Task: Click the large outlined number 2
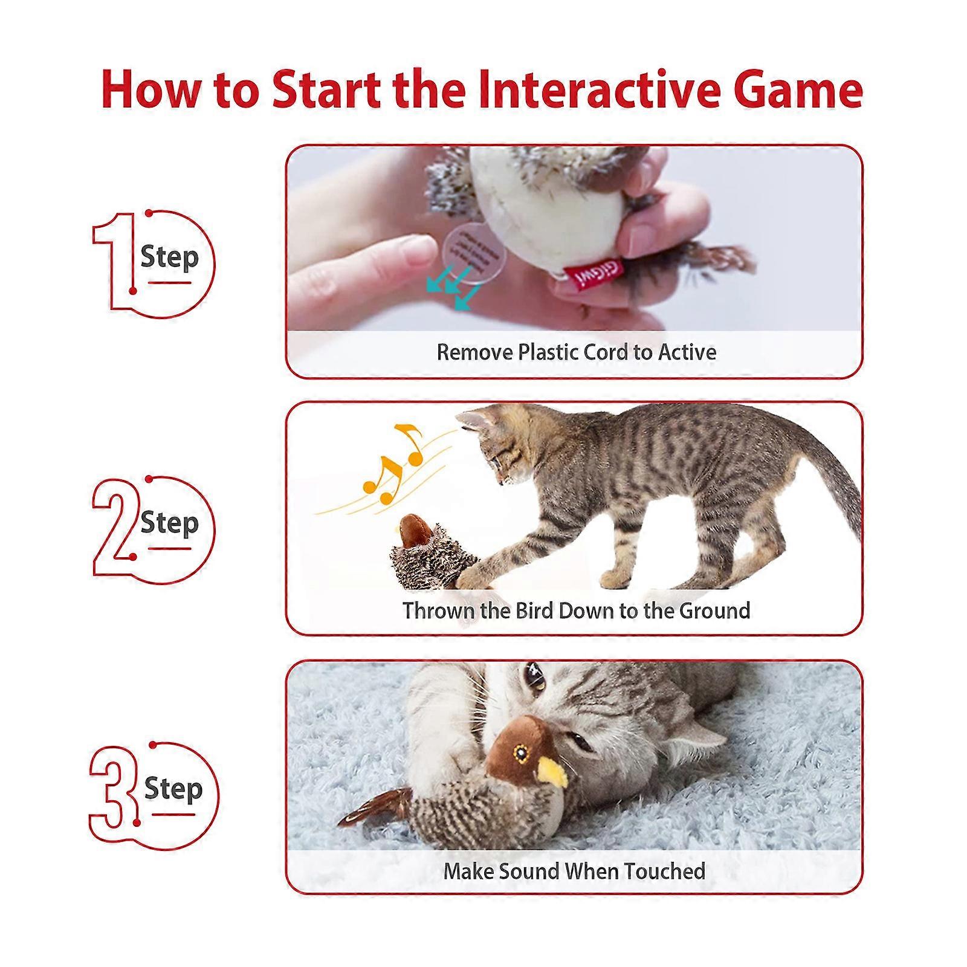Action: coord(115,526)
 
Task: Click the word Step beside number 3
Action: coord(173,789)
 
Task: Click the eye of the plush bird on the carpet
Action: coord(519,752)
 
